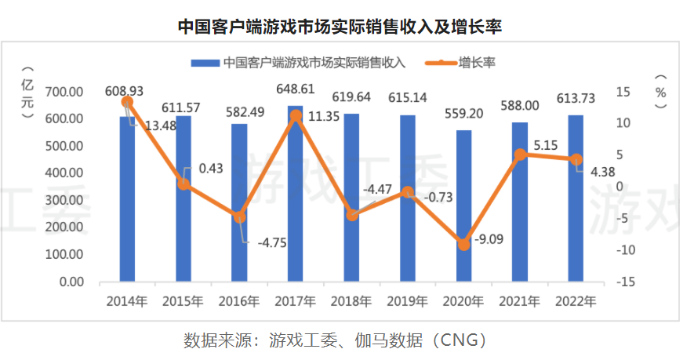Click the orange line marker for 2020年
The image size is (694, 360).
(x=463, y=245)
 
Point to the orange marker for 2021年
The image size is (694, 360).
(x=520, y=155)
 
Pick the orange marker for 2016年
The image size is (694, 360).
(x=240, y=216)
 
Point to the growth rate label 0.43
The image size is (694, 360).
(x=207, y=168)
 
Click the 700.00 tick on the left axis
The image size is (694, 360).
(x=65, y=92)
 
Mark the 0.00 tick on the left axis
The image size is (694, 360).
(x=71, y=282)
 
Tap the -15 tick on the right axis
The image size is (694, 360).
(x=628, y=282)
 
